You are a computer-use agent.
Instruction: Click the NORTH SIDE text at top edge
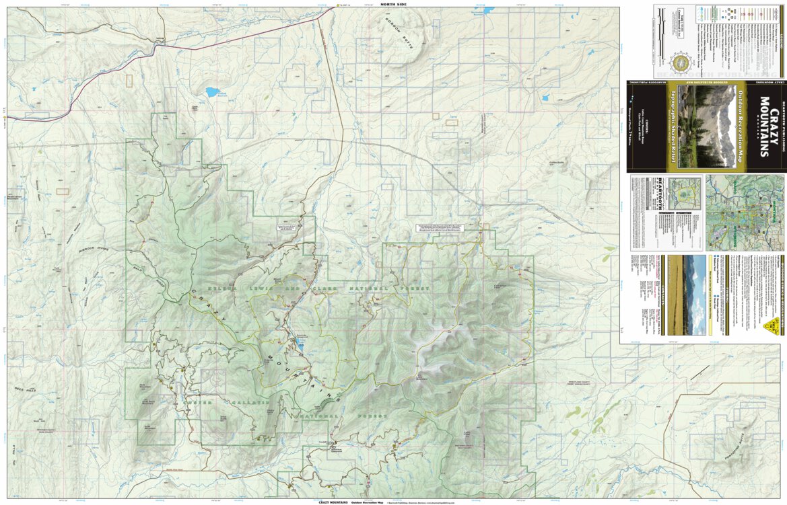coord(393,4)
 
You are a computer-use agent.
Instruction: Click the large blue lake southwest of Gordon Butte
coord(213,92)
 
